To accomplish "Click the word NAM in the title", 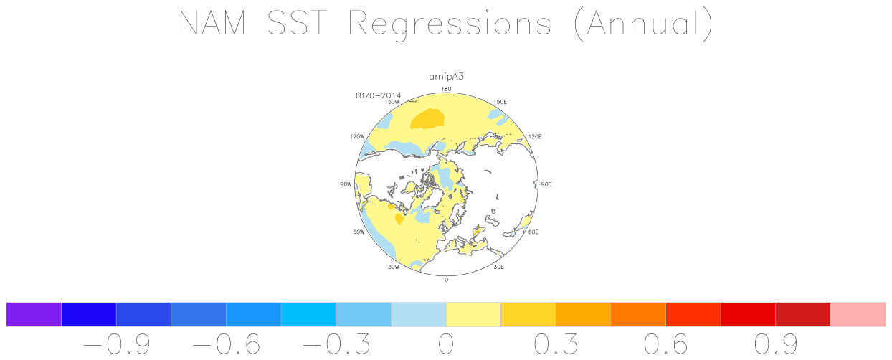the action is coord(213,23).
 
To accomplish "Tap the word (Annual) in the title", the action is coord(643,25).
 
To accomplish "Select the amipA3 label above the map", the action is coord(447,77).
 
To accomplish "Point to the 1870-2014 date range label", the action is coord(377,95).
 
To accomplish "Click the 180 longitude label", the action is coord(446,89).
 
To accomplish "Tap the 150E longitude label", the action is coord(500,102).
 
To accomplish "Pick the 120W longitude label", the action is coord(357,136).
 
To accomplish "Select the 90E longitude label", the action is coord(546,184).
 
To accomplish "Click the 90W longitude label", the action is coord(346,184).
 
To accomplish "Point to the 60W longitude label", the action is coord(359,232).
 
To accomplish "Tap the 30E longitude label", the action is coord(499,267).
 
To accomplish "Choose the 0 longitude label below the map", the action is coord(446,280).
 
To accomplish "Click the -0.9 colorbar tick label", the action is coord(116,344).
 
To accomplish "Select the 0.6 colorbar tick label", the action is coord(666,344).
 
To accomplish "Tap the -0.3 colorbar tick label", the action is coord(336,344).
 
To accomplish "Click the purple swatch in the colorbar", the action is coord(34,314).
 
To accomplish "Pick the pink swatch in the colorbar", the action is coord(858,314).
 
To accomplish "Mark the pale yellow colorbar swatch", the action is coord(473,314).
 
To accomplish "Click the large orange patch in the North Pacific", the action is coord(427,119).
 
